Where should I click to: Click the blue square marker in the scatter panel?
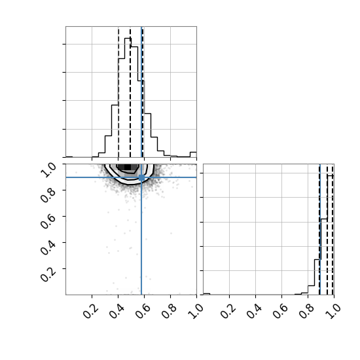141,177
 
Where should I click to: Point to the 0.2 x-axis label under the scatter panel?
91,311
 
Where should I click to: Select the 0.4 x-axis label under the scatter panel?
117,311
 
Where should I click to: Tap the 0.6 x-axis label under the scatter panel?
143,311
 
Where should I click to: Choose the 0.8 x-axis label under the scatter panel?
170,311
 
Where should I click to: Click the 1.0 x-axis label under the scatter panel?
196,311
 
